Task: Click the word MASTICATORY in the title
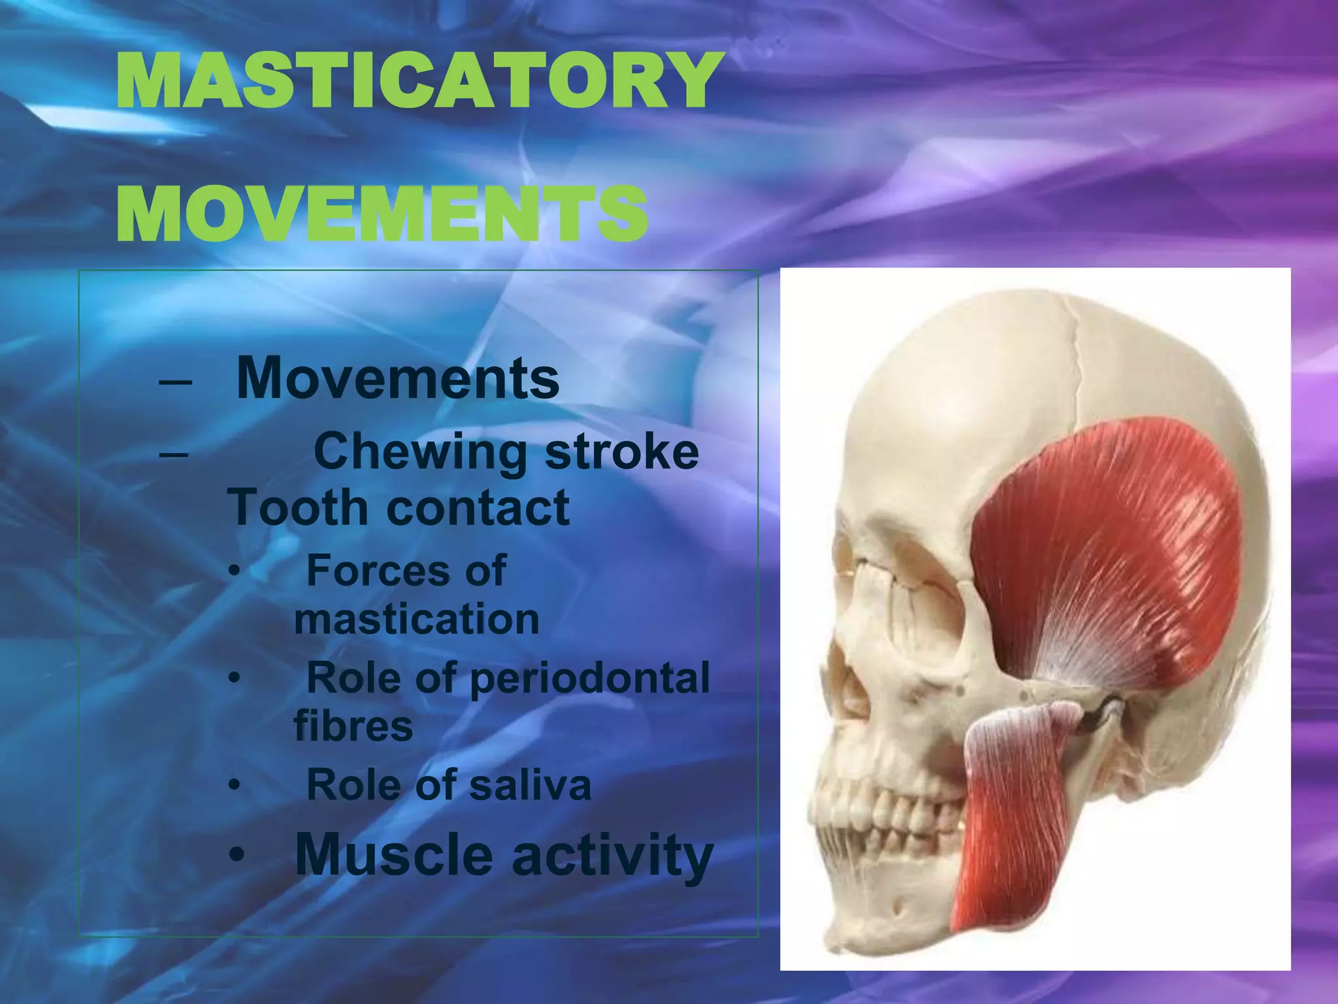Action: click(x=418, y=81)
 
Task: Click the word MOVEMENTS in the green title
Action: click(x=382, y=213)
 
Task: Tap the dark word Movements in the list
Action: click(x=398, y=378)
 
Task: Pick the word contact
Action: click(x=478, y=508)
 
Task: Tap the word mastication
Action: click(x=417, y=619)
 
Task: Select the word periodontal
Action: click(x=589, y=678)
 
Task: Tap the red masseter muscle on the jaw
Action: click(x=1006, y=824)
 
